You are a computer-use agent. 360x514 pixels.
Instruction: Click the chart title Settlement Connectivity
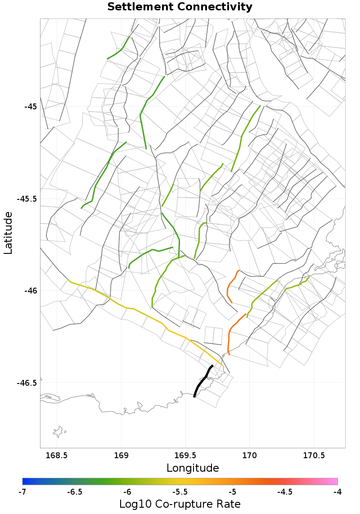[x=180, y=7]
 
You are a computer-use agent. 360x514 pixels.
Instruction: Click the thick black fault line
[x=202, y=380]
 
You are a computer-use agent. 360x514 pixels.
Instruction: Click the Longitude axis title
[x=193, y=468]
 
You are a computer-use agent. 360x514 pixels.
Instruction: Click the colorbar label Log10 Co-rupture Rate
[x=180, y=504]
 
